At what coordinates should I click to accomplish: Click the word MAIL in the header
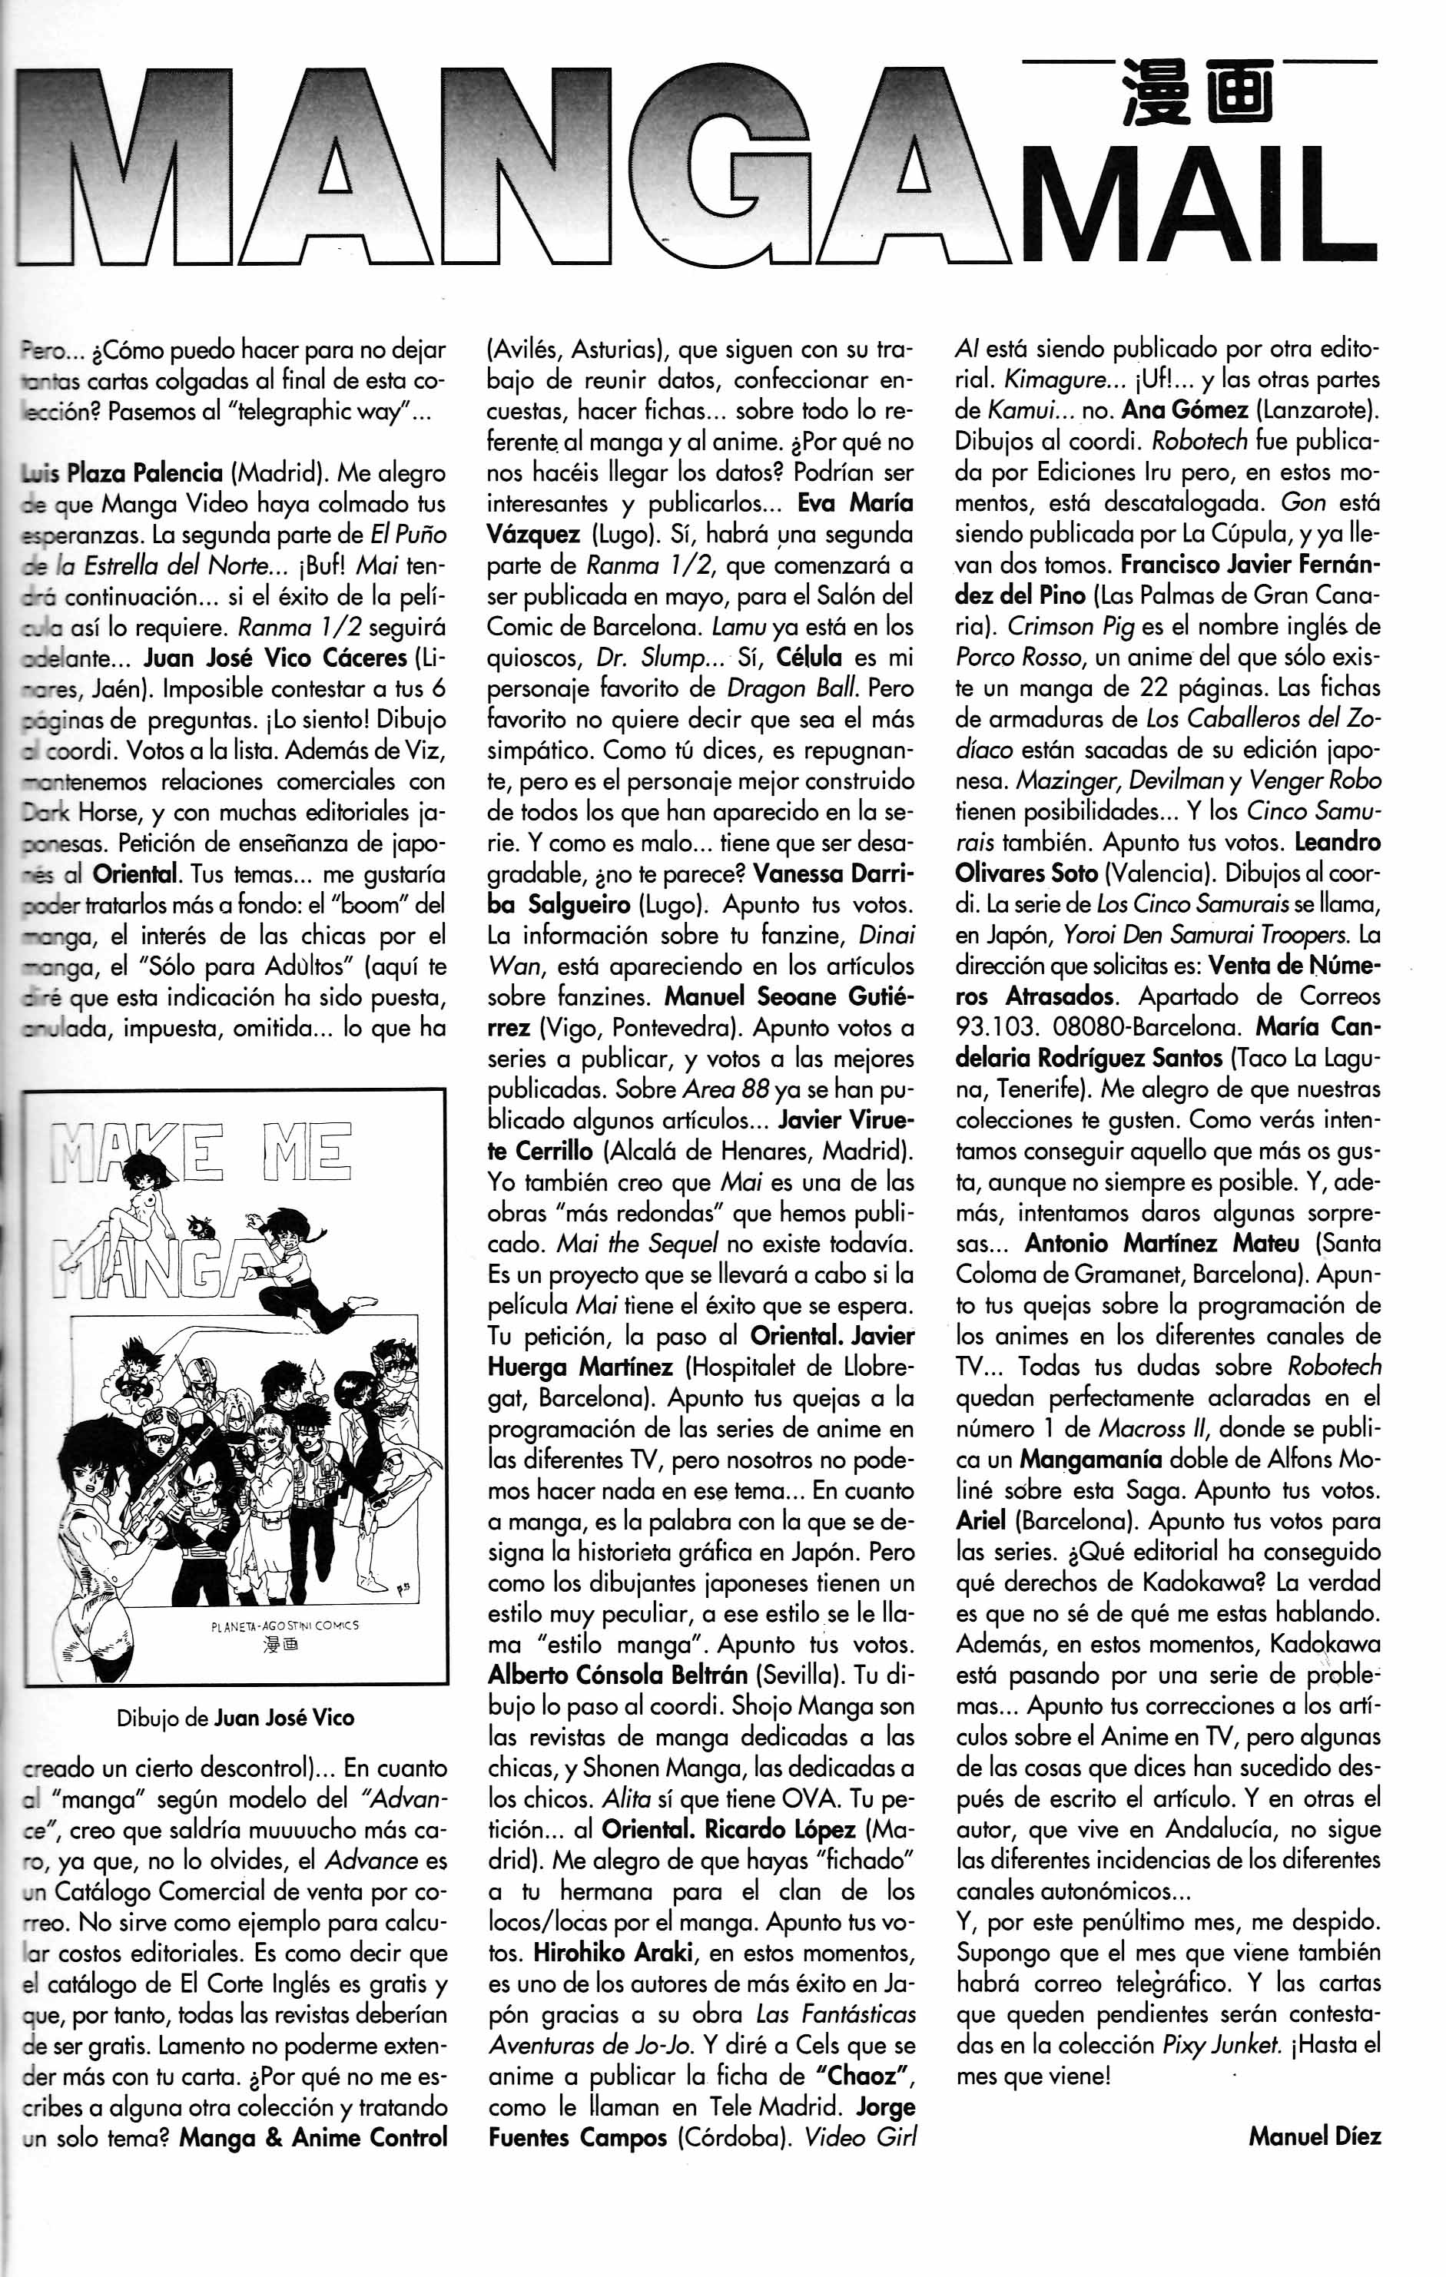point(1199,201)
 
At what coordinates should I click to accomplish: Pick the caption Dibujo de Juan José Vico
point(235,1717)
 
